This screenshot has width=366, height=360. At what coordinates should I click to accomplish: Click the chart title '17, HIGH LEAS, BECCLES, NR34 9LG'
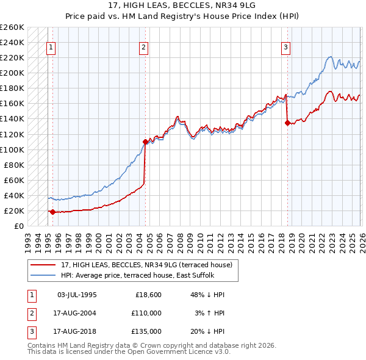[182, 5]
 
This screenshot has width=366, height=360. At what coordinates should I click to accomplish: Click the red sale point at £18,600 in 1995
[52, 212]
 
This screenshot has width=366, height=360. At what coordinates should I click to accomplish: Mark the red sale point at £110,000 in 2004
[145, 142]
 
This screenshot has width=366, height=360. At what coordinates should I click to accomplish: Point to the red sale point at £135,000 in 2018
[287, 123]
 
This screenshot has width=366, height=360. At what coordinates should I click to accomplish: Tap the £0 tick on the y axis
[18, 226]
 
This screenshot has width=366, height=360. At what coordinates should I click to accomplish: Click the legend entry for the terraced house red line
[146, 265]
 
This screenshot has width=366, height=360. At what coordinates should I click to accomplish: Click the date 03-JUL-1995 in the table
[77, 295]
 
